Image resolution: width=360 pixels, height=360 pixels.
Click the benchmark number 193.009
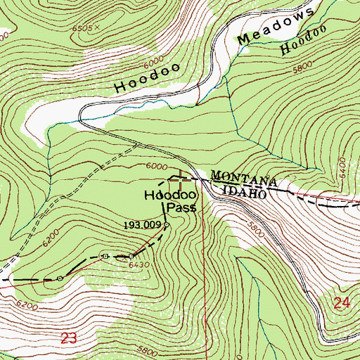[143, 225]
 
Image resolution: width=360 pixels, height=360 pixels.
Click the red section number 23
[68, 339]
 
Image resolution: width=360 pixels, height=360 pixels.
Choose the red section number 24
[342, 304]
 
